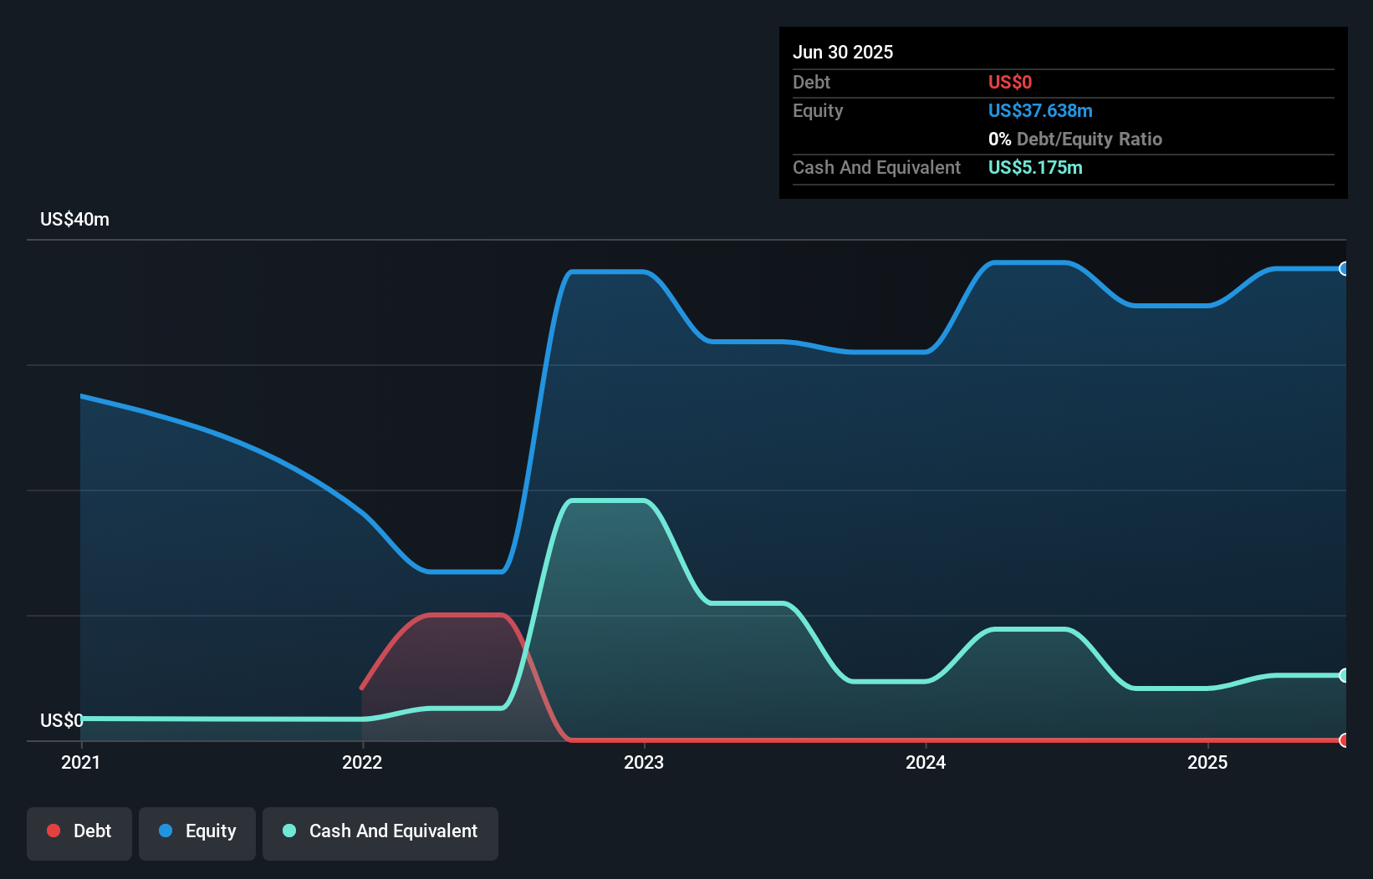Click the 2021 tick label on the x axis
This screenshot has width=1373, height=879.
80,762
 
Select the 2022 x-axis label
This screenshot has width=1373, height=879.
362,762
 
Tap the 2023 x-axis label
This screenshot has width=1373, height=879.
644,762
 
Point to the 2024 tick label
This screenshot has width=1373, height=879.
926,762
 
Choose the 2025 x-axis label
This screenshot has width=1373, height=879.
1207,762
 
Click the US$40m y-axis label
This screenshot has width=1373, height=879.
74,219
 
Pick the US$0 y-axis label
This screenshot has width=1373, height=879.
61,720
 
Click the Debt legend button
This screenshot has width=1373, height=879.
79,831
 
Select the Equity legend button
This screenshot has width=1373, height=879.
197,831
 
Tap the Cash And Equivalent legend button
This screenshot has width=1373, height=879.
380,831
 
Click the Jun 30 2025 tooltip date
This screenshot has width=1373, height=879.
843,52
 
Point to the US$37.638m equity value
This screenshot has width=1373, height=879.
1040,110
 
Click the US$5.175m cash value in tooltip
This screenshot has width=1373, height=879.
1035,167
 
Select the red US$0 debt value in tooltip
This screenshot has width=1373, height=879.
1010,82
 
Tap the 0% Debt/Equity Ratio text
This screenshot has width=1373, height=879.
1075,139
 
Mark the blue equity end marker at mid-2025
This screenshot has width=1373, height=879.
1344,268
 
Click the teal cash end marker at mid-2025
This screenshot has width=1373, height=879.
1344,675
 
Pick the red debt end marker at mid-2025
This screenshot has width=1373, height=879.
1344,740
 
